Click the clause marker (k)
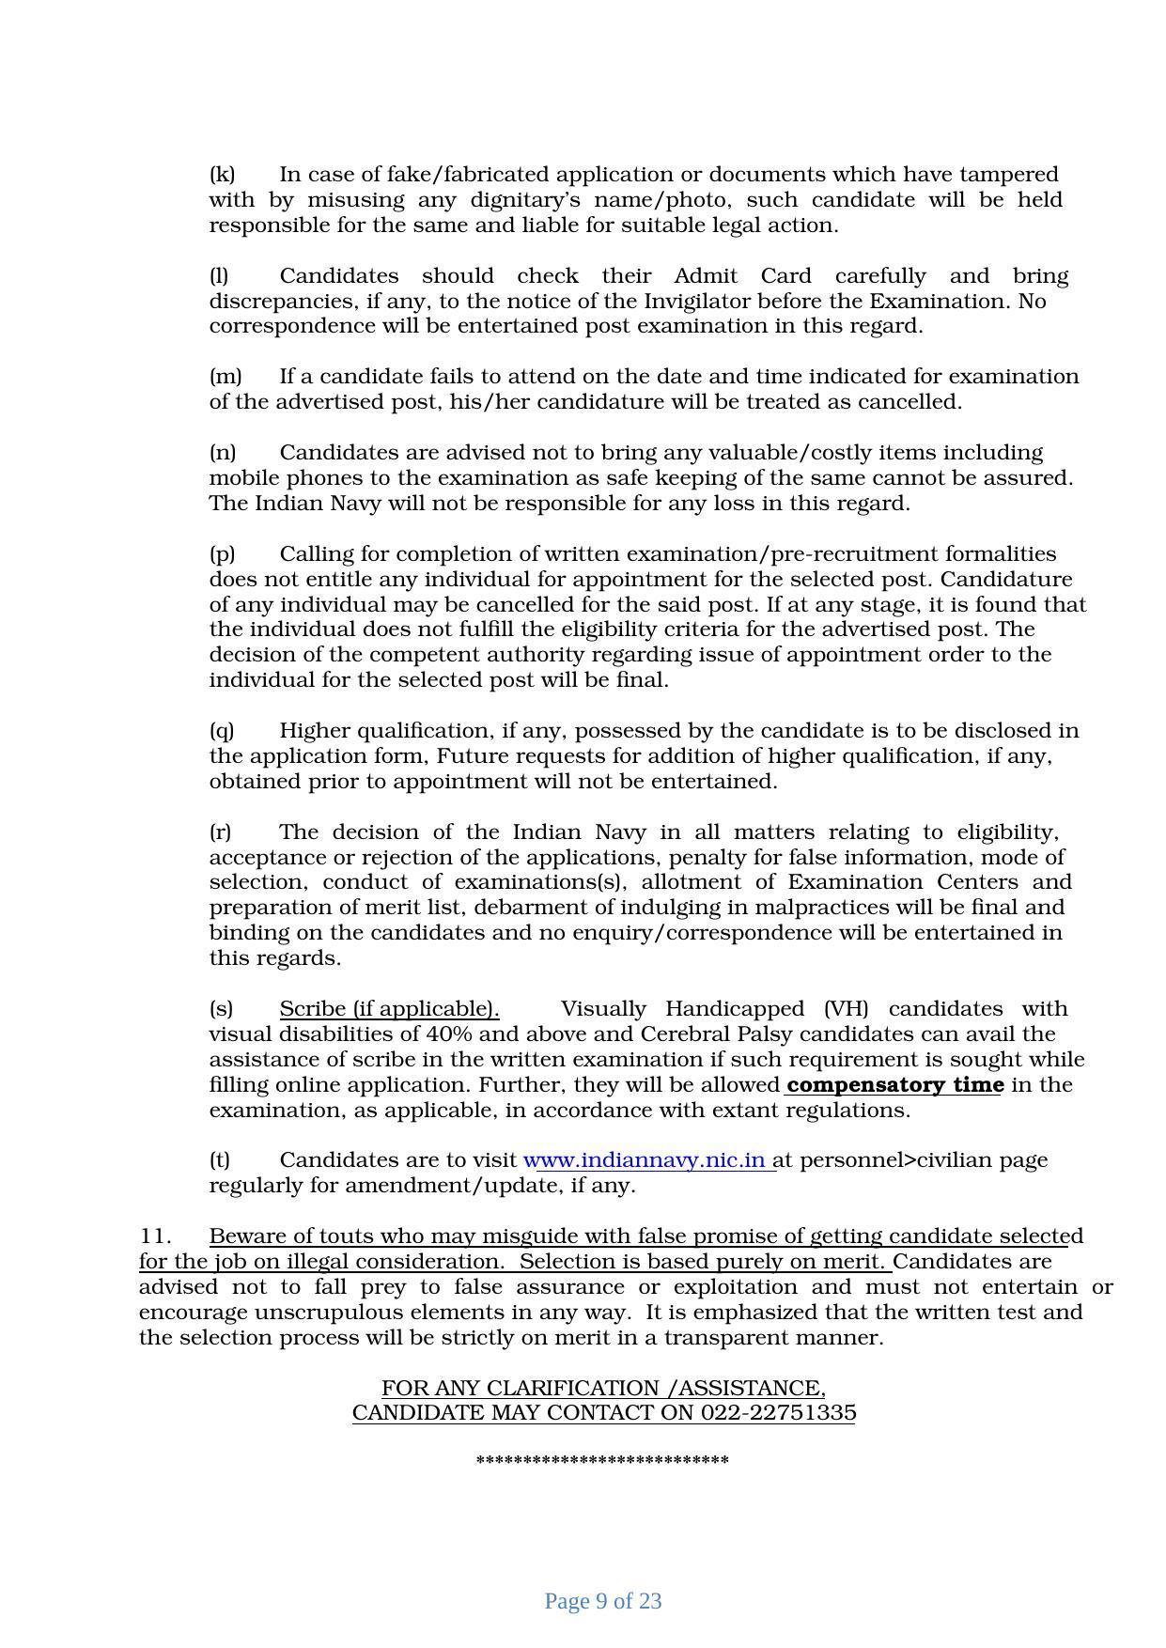(x=222, y=175)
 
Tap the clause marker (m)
(x=225, y=377)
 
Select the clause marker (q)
(x=222, y=731)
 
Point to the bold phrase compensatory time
(x=894, y=1085)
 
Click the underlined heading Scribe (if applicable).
(x=389, y=1009)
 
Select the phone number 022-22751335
(x=779, y=1413)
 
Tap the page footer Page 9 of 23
(x=603, y=1601)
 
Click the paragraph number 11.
(x=154, y=1236)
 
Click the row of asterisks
(x=602, y=1461)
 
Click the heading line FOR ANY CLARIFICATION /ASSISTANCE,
(x=603, y=1388)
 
